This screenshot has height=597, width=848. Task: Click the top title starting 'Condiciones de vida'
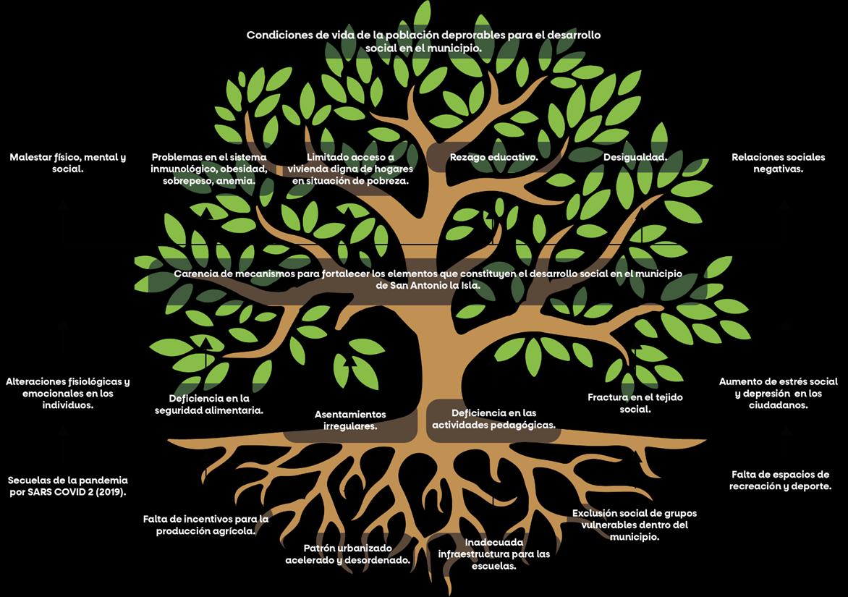[423, 41]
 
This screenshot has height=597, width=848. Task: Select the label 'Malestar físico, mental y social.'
[68, 163]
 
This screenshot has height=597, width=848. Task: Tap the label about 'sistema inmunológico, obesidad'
[209, 169]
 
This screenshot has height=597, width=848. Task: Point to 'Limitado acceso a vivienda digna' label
[350, 169]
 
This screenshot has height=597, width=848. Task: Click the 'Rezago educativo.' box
[493, 157]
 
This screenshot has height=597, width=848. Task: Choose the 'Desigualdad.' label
[635, 157]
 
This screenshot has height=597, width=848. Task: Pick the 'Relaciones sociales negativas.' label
[778, 163]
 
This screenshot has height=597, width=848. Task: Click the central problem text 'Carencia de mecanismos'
[428, 279]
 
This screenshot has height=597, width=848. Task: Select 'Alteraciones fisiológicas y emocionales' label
[68, 394]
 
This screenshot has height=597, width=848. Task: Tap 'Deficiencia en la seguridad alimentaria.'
[209, 404]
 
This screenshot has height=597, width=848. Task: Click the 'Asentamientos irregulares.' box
[350, 420]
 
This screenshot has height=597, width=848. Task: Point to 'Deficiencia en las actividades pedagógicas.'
[493, 419]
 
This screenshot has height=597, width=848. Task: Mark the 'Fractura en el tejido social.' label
[635, 403]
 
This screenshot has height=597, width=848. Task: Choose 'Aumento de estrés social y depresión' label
[778, 394]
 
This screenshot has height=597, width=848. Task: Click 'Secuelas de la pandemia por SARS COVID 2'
[68, 486]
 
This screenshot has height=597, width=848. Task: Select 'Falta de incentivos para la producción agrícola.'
[205, 525]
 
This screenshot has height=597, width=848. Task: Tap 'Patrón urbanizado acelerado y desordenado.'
[348, 554]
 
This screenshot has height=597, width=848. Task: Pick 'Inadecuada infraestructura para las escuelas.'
[493, 554]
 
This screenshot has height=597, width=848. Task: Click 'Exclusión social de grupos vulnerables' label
[635, 525]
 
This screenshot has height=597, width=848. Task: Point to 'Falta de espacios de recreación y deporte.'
[779, 480]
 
